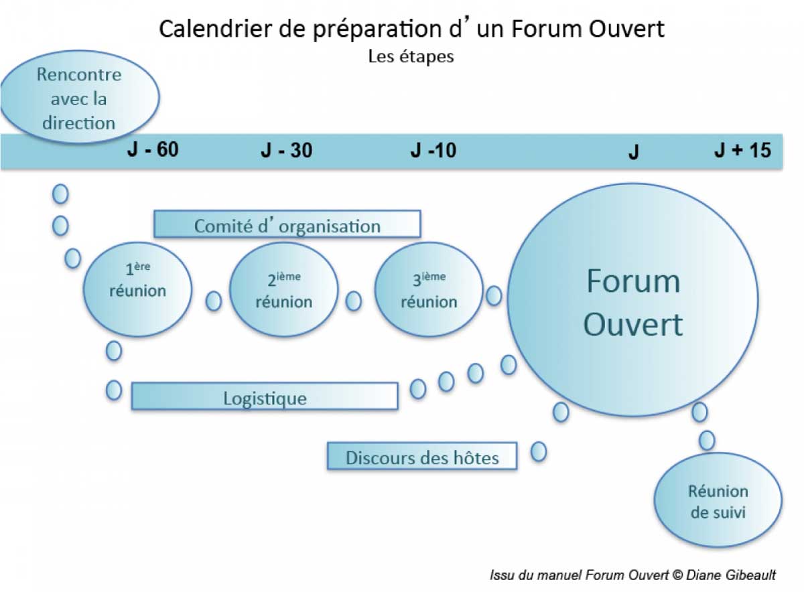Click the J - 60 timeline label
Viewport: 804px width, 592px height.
coord(153,149)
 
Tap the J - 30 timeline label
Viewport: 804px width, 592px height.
coord(287,150)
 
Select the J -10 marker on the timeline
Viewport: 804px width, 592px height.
coord(433,150)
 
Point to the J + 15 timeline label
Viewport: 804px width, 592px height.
coord(742,150)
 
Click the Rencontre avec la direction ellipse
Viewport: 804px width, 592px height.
coord(79,97)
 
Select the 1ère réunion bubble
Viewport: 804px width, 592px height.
coord(137,289)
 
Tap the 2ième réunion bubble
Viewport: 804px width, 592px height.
coord(283,289)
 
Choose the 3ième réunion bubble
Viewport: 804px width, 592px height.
coord(429,289)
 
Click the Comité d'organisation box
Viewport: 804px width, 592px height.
coord(287,224)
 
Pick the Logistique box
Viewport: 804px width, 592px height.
coord(265,396)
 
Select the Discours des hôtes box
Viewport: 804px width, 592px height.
coord(422,455)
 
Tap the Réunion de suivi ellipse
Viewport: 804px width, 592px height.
coord(718,500)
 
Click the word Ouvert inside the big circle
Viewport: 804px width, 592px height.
coord(633,325)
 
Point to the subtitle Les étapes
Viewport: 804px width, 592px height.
coord(411,57)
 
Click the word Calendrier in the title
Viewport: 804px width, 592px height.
coord(215,29)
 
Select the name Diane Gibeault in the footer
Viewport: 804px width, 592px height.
coord(731,575)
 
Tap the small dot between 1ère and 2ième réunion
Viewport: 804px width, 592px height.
coord(214,301)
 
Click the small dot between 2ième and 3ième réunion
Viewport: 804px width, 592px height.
coord(354,301)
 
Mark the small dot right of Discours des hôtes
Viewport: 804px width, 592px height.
coord(539,451)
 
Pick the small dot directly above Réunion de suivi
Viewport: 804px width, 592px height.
coord(707,440)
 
